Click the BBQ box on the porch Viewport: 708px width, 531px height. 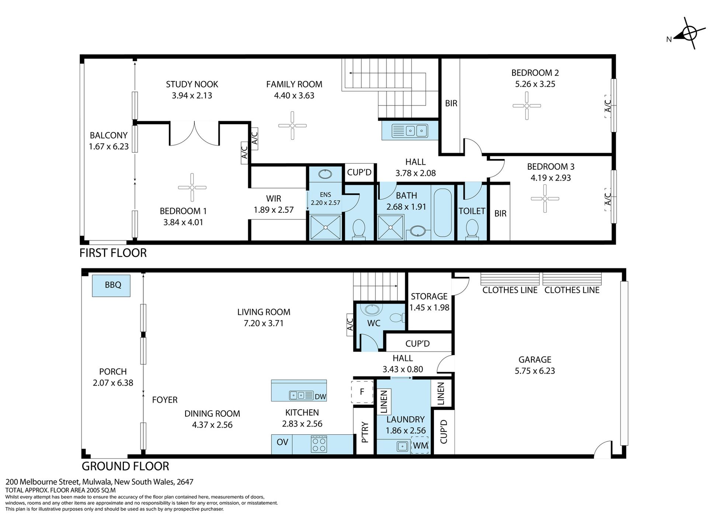(111, 285)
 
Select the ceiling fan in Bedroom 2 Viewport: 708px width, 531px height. (527, 106)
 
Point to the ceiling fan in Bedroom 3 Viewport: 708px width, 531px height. (545, 198)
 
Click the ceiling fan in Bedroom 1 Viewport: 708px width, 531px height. (192, 187)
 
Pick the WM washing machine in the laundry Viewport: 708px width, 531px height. (420, 445)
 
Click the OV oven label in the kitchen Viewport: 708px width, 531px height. (282, 442)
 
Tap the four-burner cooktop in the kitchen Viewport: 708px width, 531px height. (319, 444)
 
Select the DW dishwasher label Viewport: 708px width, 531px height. (320, 397)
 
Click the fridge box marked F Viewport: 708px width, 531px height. (362, 392)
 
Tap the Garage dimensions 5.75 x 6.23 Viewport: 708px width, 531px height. (535, 371)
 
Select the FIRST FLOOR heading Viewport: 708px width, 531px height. (113, 253)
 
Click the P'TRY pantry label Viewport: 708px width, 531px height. (365, 432)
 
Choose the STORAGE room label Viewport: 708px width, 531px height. (429, 296)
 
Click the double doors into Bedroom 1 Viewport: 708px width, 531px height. (195, 133)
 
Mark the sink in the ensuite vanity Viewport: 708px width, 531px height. (325, 174)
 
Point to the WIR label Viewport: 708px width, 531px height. (274, 199)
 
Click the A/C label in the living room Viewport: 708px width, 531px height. (350, 325)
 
